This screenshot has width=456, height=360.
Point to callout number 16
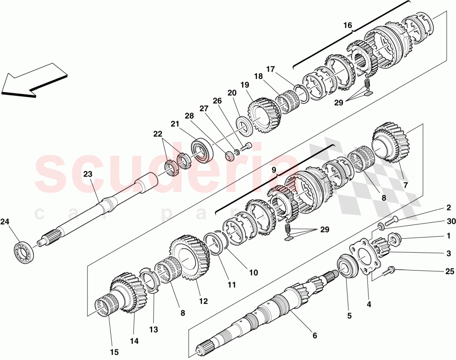tap(348, 26)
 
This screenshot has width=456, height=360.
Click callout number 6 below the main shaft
tap(315, 336)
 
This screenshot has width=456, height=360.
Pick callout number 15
tap(114, 352)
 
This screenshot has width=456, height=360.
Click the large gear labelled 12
tap(189, 258)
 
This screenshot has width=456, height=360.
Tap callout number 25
tap(450, 271)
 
